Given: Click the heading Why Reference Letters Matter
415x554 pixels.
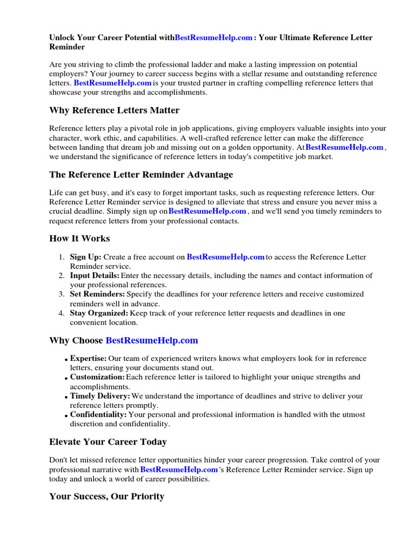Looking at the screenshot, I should point(114,110).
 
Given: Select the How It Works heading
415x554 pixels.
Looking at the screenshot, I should point(79,239).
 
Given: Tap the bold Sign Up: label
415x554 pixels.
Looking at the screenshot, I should point(85,257).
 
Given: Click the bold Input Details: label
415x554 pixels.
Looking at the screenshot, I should point(95,276).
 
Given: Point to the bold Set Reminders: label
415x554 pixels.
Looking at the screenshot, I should point(97,294).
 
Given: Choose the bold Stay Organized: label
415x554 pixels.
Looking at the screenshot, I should point(99,313).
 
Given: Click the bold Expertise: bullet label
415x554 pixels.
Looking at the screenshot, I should point(88,359).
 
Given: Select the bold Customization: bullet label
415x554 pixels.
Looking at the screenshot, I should point(97,377).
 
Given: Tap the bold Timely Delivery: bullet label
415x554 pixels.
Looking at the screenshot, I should point(100,396).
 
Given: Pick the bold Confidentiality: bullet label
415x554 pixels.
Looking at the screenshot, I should point(98,414).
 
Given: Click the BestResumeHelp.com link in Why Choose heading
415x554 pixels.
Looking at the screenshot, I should point(152,340).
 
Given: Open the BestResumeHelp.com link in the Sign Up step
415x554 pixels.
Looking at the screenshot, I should point(225,257).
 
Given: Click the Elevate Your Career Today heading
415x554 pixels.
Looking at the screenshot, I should point(108,442).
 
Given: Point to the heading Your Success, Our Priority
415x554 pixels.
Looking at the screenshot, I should point(106,496).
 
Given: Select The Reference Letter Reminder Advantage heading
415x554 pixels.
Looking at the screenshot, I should point(141,175).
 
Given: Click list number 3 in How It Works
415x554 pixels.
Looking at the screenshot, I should point(61,294).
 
